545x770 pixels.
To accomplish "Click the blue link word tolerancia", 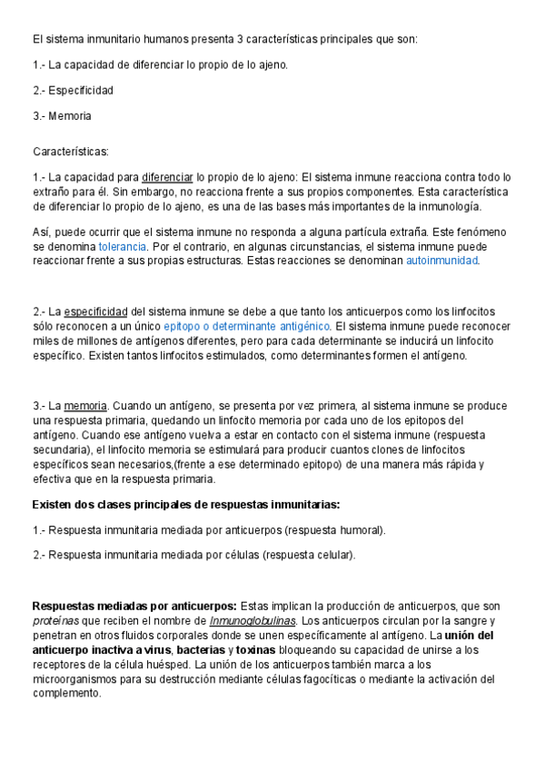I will pyautogui.click(x=123, y=247).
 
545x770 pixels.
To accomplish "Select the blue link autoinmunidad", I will pyautogui.click(x=441, y=262).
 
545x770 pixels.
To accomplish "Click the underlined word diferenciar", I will pyautogui.click(x=167, y=178).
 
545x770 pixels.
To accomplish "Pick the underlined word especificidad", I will pyautogui.click(x=96, y=312).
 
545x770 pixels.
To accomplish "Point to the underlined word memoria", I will pyautogui.click(x=86, y=406).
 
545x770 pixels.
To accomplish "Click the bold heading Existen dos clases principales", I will pyautogui.click(x=186, y=504).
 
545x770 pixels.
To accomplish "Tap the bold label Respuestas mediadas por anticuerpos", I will pyautogui.click(x=134, y=606).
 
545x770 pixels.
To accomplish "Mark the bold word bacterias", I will pyautogui.click(x=202, y=649).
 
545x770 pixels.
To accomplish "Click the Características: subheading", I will pyautogui.click(x=70, y=151).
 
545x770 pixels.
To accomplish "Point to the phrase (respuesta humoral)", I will pyautogui.click(x=334, y=529).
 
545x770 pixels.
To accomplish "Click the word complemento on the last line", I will pyautogui.click(x=67, y=693).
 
